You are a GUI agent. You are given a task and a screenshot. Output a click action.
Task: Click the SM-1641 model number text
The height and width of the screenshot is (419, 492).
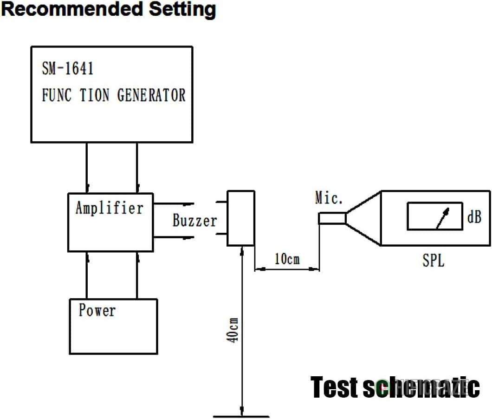[68, 69]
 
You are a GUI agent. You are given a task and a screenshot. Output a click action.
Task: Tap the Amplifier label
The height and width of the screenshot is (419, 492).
[109, 208]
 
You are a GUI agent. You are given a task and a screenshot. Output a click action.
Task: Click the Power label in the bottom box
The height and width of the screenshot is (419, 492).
[97, 310]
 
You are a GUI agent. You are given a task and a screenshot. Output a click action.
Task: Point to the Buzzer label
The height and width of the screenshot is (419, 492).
[194, 220]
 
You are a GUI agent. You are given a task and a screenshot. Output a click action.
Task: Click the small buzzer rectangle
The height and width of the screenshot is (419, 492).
[240, 218]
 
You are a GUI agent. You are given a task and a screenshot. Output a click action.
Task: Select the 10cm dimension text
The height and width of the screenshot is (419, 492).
[287, 259]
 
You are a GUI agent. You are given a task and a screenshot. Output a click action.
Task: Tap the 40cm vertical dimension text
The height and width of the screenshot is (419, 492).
[234, 330]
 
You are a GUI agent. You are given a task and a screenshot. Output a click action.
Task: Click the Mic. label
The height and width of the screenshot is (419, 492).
[329, 198]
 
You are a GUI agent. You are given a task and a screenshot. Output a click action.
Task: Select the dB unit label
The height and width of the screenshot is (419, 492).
[474, 216]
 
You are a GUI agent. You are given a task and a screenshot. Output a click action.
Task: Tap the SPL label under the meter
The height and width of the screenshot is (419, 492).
[433, 261]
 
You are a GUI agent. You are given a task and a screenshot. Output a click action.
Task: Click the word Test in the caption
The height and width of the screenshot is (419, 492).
[334, 387]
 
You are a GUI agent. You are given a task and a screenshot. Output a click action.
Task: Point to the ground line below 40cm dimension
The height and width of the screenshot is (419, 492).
[241, 416]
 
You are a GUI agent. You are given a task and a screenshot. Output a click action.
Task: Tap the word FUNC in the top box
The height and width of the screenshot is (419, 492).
[57, 95]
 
